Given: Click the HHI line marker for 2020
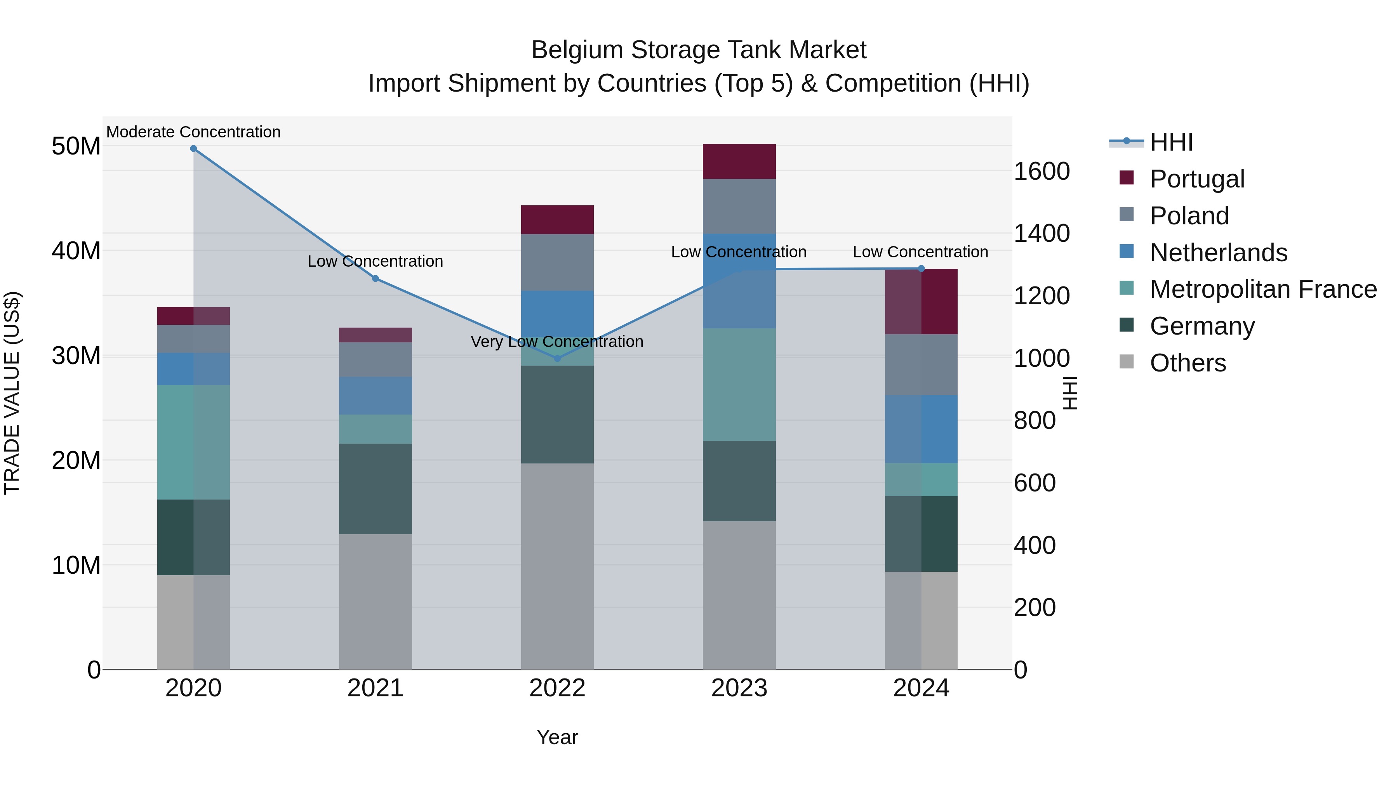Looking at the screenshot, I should (193, 149).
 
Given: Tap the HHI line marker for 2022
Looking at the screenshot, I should (557, 359).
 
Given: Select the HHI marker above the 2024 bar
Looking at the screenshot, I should (921, 269).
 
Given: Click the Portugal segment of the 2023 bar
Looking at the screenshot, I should (739, 161).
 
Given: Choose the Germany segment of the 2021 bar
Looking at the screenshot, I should (375, 489).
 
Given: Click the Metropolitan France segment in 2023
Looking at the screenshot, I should (739, 385).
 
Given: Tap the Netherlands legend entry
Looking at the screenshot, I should (1218, 253).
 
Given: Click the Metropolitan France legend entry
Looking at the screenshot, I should (1263, 290).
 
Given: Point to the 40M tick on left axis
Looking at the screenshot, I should (76, 251).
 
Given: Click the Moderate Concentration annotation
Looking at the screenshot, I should (193, 132).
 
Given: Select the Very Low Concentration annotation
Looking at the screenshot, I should (557, 342).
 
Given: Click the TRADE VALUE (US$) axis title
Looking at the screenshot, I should (12, 393).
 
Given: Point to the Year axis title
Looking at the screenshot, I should (557, 737).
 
